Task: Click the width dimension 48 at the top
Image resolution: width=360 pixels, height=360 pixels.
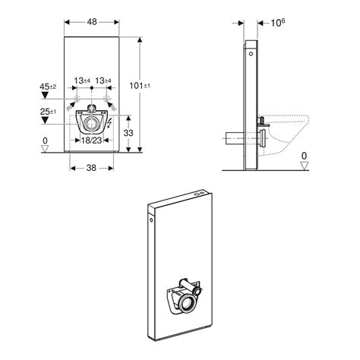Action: coord(92,23)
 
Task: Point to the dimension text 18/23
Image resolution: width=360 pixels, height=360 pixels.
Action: coord(93,141)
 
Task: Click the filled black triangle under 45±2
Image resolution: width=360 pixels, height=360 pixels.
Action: coord(44,96)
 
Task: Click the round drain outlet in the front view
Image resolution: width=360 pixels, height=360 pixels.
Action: coord(92,122)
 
